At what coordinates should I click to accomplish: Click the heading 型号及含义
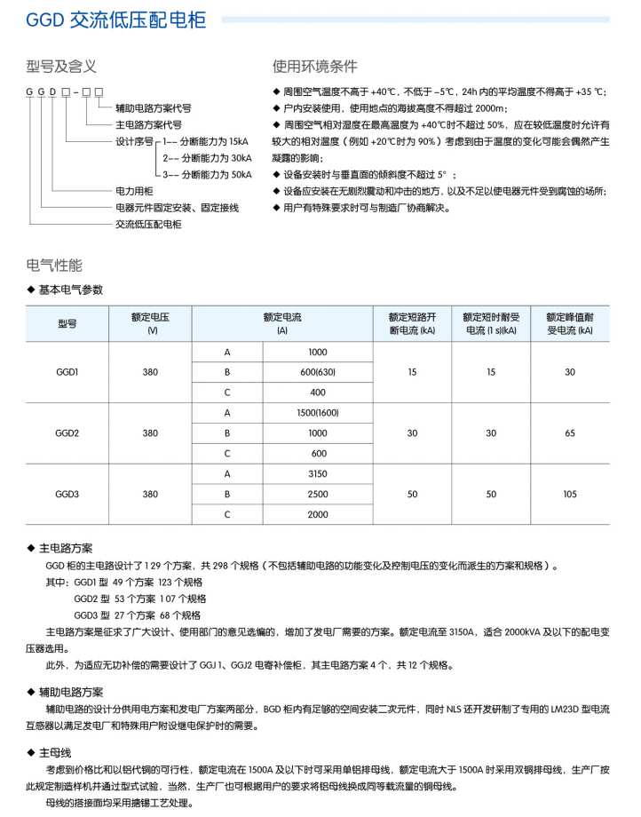(x=62, y=67)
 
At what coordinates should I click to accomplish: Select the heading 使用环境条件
(x=315, y=67)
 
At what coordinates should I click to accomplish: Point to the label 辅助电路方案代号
(x=154, y=107)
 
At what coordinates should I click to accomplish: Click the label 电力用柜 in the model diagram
(x=135, y=191)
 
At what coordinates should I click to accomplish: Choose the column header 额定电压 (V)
(x=150, y=323)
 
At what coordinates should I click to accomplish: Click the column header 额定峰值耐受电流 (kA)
(x=569, y=323)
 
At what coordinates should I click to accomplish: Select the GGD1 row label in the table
(x=67, y=372)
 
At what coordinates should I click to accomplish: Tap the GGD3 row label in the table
(x=67, y=494)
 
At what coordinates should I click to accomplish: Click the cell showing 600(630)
(x=318, y=372)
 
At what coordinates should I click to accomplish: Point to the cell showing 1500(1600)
(x=318, y=413)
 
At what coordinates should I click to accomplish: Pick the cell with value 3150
(x=318, y=473)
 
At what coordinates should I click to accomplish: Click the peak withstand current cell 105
(x=569, y=494)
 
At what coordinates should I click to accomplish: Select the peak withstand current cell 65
(x=569, y=432)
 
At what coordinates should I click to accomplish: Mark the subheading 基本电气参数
(x=71, y=290)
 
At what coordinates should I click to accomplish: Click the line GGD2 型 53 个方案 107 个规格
(x=138, y=599)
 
